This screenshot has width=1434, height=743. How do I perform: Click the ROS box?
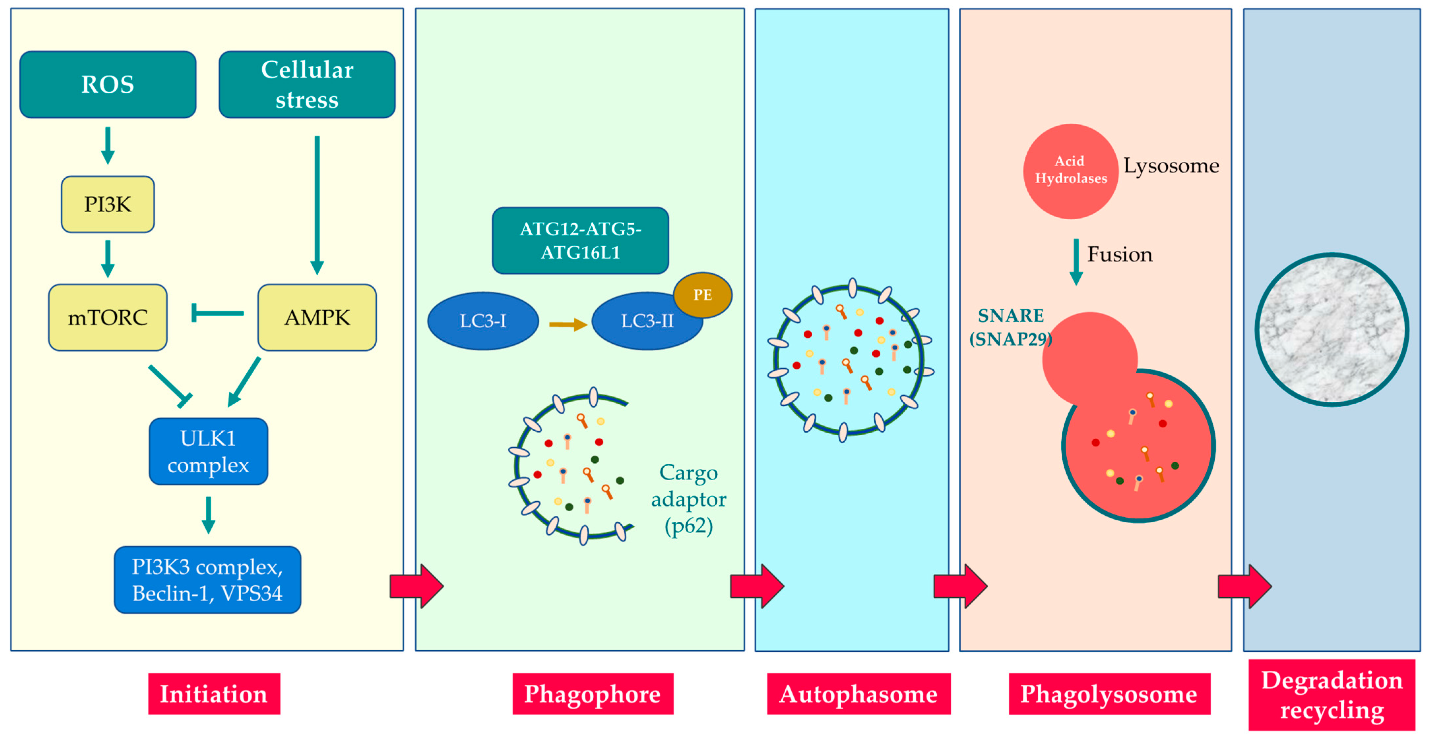coord(108,85)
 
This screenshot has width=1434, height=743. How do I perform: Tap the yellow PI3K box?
coord(108,204)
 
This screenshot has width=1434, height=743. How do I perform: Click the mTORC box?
coord(108,317)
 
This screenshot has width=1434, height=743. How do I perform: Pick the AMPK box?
coord(317,317)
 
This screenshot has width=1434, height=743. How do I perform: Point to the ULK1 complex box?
coord(208,451)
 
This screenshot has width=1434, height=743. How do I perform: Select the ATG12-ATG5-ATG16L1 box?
coord(580,240)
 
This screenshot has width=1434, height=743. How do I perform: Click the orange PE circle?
coord(702,294)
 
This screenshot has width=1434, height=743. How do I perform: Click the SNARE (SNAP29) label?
coord(1011,327)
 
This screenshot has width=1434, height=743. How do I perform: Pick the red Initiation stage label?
coord(214,694)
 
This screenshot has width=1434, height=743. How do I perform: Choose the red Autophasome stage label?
coord(858,694)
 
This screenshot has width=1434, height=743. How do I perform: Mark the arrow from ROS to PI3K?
coord(108,145)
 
